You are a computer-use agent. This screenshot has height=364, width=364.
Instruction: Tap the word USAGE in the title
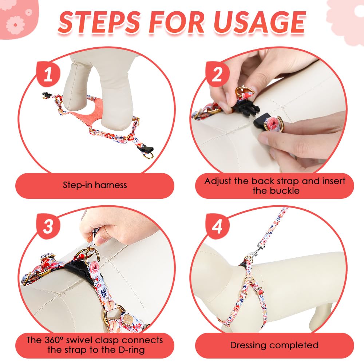[x=260, y=23]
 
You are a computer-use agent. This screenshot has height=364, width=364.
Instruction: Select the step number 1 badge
[x=48, y=74]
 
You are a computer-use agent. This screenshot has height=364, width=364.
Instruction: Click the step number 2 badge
[x=217, y=74]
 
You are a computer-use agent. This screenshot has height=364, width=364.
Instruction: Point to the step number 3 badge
[x=48, y=226]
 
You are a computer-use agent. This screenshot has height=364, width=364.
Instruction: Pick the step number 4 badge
[x=217, y=226]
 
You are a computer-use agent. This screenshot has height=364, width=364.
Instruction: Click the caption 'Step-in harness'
[x=95, y=185]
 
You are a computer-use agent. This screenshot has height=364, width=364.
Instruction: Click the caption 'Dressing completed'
[x=274, y=345]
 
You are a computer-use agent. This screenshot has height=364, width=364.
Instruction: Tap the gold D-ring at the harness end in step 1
[x=148, y=155]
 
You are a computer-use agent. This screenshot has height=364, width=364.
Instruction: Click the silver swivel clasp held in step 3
[x=93, y=237]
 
